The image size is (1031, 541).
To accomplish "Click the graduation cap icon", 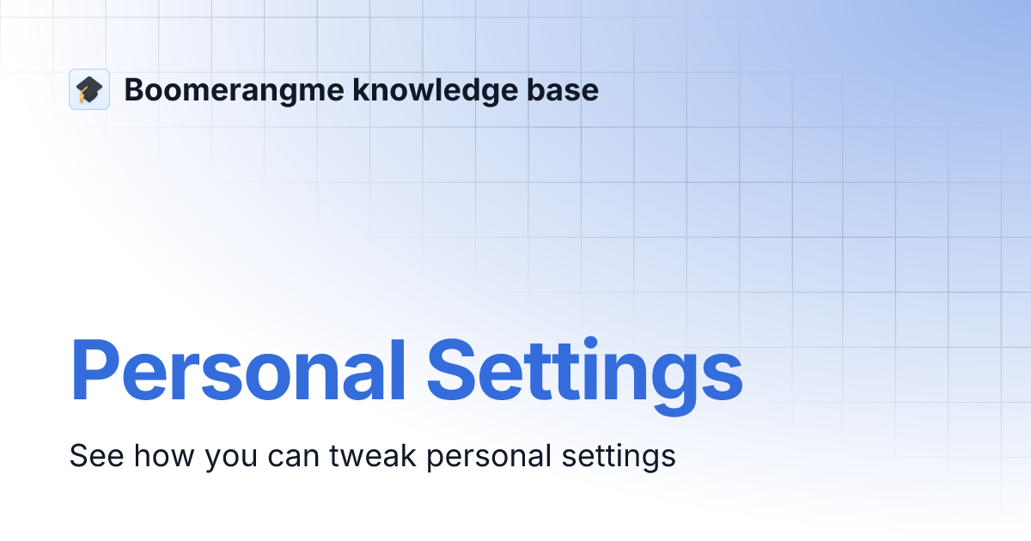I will tap(89, 89).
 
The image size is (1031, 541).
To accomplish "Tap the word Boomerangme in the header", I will tap(233, 90).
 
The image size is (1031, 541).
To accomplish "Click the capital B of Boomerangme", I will tap(134, 90).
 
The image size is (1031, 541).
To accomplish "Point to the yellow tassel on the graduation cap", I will tap(82, 96).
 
